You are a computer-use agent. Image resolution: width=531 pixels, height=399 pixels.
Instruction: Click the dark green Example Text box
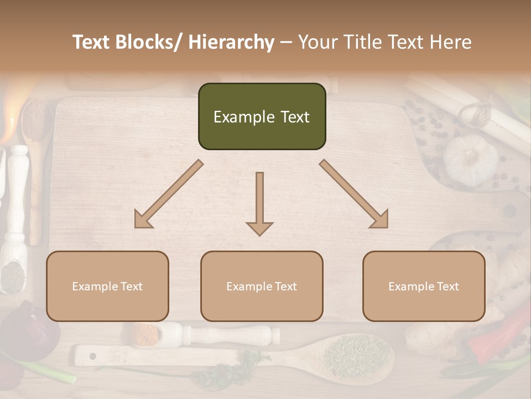[262, 116]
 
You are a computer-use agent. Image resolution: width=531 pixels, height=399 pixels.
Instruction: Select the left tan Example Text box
[107, 286]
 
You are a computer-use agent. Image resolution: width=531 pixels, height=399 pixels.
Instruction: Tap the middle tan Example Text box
[262, 286]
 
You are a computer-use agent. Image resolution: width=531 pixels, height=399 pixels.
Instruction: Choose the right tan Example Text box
[424, 286]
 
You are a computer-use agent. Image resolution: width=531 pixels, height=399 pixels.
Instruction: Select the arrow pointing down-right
[355, 195]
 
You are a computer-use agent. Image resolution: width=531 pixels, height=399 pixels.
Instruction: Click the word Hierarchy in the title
[231, 42]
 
